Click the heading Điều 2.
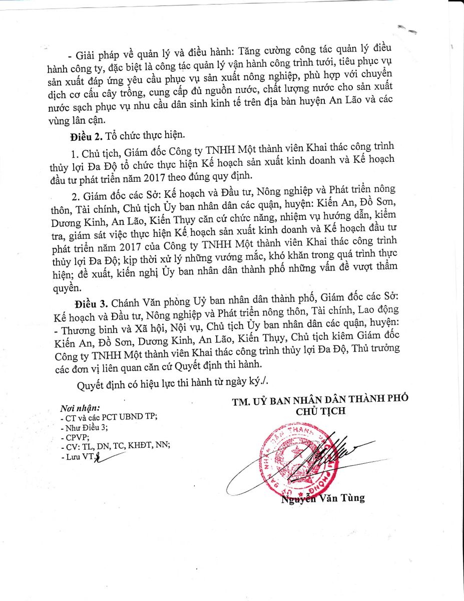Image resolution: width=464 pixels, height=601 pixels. click(86, 136)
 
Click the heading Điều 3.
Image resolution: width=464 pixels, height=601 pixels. click(91, 304)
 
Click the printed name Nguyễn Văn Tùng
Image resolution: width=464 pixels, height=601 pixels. click(322, 498)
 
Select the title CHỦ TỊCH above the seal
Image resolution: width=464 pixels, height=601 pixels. click(321, 411)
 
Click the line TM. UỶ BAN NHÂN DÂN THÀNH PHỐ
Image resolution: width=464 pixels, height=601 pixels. click(320, 399)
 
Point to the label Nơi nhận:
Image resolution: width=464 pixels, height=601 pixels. click(80, 408)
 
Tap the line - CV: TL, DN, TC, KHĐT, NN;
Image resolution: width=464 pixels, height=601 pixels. click(115, 446)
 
